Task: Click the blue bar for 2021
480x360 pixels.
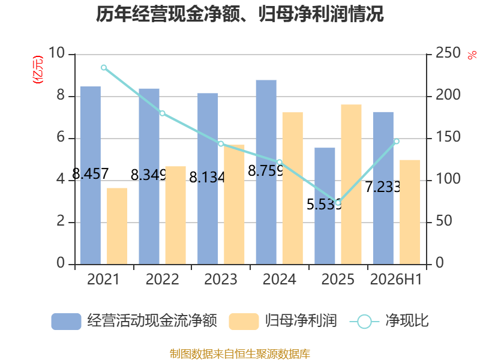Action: click(91, 175)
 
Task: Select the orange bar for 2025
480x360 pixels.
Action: click(351, 184)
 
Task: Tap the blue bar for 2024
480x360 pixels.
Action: click(266, 172)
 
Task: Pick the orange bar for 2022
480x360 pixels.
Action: click(175, 215)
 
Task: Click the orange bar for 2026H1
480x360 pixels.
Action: click(410, 212)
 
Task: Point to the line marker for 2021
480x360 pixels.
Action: click(104, 68)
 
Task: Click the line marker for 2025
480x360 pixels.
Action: click(338, 203)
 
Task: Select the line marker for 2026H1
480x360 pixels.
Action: click(397, 141)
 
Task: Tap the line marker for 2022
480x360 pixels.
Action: click(162, 113)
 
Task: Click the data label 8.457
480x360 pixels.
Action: click(91, 173)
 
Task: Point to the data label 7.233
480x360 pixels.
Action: click(383, 187)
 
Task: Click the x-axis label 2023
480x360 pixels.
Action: click(221, 279)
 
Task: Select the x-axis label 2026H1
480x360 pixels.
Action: click(396, 279)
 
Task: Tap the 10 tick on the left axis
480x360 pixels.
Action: click(56, 53)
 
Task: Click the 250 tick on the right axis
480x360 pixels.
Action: click(448, 53)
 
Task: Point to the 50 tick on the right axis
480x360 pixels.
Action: click(444, 221)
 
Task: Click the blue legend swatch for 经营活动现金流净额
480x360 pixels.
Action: click(66, 322)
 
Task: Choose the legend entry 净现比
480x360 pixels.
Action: click(389, 321)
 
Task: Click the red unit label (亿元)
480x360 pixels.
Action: click(38, 70)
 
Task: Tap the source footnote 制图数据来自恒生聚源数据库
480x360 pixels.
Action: click(240, 354)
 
